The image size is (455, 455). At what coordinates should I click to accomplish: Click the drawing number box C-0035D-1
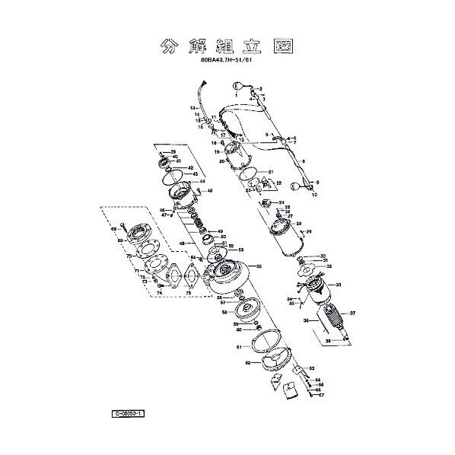(x=128, y=413)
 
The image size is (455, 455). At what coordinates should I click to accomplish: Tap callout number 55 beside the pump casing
(x=259, y=267)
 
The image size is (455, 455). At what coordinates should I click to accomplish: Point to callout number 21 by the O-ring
(x=270, y=172)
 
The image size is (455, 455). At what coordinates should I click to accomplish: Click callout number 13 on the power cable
(x=193, y=109)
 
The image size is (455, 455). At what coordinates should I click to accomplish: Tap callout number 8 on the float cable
(x=303, y=161)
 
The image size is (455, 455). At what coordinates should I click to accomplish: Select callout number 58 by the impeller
(x=224, y=312)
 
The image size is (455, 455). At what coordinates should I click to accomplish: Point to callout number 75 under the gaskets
(x=189, y=292)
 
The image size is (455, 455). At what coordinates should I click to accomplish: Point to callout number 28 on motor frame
(x=299, y=224)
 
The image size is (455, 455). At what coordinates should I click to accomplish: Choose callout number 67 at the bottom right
(x=321, y=396)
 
